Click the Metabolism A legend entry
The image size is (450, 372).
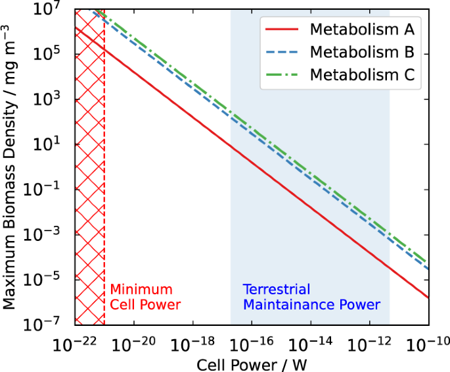pyautogui.click(x=362, y=30)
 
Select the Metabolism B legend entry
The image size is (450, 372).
pyautogui.click(x=362, y=52)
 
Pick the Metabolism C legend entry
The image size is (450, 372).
pyautogui.click(x=362, y=75)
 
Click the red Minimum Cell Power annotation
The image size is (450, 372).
pyautogui.click(x=145, y=297)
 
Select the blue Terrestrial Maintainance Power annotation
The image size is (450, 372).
pyautogui.click(x=311, y=297)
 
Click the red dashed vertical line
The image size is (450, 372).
pyautogui.click(x=104, y=198)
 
